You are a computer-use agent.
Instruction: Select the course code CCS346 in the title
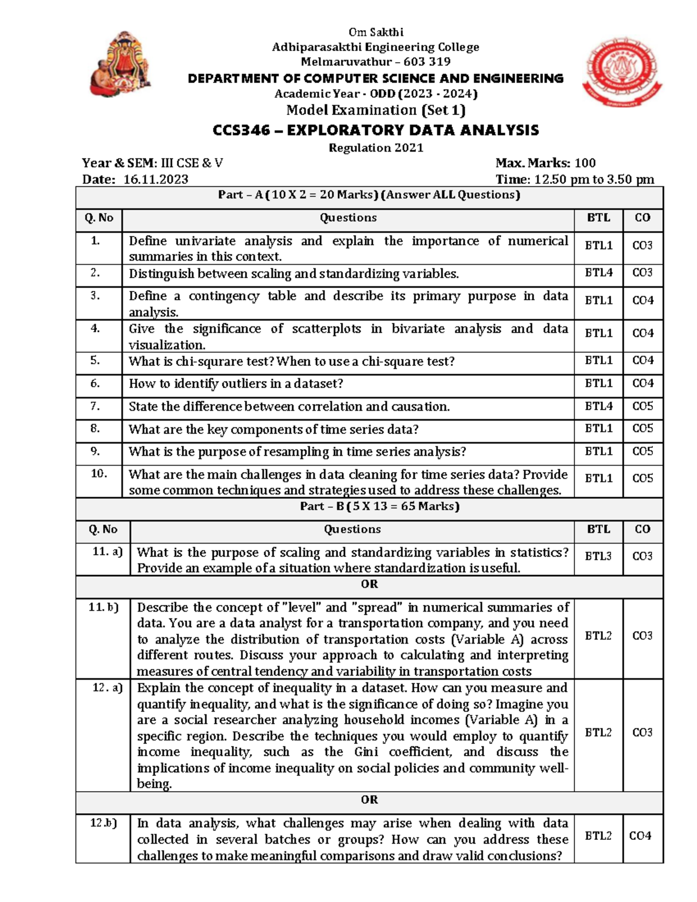241,130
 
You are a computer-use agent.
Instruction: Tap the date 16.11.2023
156,179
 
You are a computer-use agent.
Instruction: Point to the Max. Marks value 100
584,163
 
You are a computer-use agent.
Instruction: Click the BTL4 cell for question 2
598,272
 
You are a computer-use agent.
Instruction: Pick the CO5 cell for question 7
642,406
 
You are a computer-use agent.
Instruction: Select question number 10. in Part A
99,474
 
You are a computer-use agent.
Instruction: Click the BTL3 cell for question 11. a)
598,556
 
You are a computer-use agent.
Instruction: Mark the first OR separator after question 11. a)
369,584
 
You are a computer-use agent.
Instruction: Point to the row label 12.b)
103,823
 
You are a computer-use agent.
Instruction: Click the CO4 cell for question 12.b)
640,836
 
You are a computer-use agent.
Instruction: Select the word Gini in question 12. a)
365,752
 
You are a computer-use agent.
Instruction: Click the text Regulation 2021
376,148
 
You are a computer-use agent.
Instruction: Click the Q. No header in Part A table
99,218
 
